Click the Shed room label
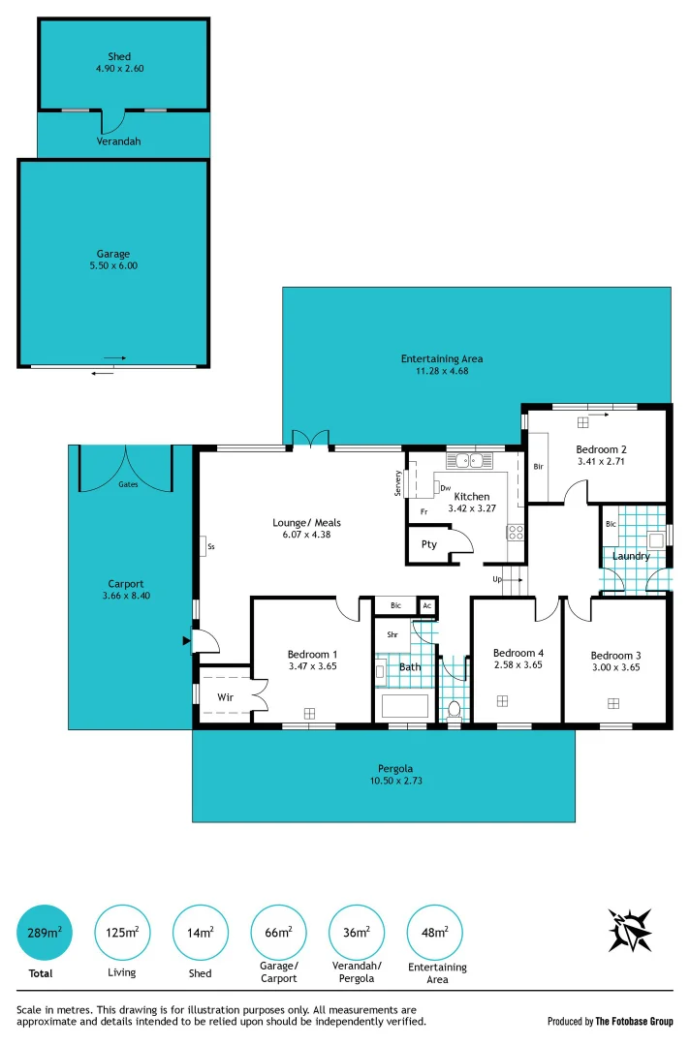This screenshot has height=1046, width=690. pos(120,57)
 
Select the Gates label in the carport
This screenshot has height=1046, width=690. pos(127,483)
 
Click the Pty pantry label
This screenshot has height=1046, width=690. pos(428,544)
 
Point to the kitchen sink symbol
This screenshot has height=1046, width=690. pos(470,460)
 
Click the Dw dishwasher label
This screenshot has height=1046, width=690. pos(445,488)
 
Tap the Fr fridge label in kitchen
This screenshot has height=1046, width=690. pos(423,511)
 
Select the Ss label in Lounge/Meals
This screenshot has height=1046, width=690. pos(210,547)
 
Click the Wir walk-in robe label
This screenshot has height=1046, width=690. pos(224,696)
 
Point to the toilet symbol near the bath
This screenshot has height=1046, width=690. pos(454,709)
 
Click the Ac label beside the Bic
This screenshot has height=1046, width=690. pos(426,606)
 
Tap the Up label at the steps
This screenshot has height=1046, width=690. pos(497,579)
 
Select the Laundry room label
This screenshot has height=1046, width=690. pos(631,556)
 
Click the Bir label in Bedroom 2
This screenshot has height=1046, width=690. pos(539,467)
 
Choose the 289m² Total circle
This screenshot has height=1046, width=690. pos(46,932)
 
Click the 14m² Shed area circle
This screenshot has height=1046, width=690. pos(200,932)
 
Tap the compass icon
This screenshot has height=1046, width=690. pos(630,931)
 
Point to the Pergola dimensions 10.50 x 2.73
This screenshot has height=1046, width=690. pos(383,781)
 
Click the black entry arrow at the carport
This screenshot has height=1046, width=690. pos(186,640)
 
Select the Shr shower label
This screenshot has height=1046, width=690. pos(392,635)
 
